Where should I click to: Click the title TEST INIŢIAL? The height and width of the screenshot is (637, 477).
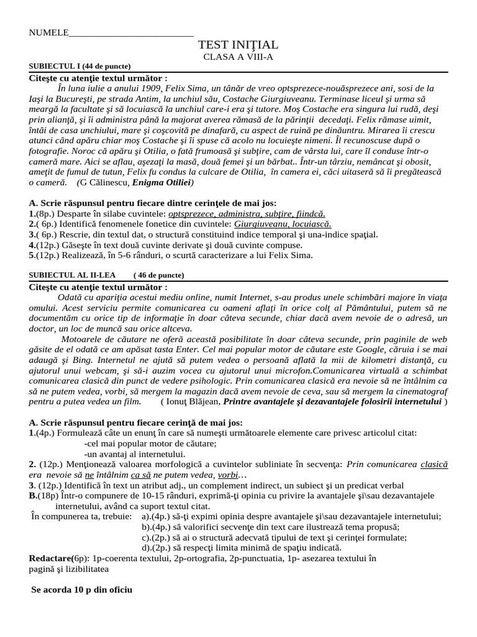[x=238, y=45]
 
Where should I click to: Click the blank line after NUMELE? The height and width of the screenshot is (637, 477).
[x=131, y=33]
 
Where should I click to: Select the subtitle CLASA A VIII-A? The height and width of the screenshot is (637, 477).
[x=238, y=57]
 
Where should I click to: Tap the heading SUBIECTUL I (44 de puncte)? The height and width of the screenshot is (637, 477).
[x=80, y=67]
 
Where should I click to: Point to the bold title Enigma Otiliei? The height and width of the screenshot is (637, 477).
[x=161, y=183]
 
